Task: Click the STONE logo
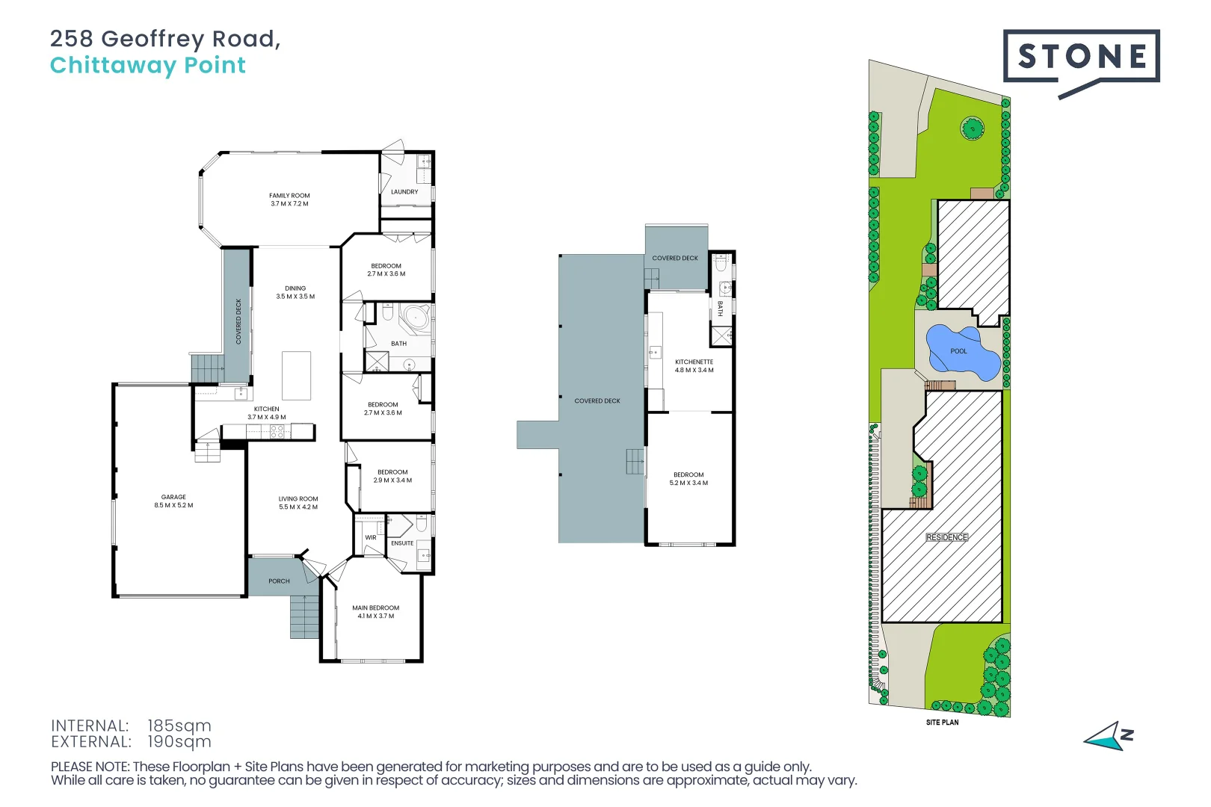pos(1081,57)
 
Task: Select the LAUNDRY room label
pos(404,192)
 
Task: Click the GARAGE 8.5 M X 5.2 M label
pos(173,501)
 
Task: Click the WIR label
pos(371,537)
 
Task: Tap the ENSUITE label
pos(402,543)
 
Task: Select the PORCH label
pos(279,581)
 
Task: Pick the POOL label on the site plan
pos(958,351)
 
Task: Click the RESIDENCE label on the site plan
pos(946,537)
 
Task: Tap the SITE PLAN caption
pos(942,722)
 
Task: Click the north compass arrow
pos(1106,737)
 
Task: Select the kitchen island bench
pos(296,376)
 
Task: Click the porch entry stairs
pos(304,616)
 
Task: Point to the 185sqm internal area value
pos(179,726)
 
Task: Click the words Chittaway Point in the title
pos(148,66)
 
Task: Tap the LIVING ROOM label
pos(298,503)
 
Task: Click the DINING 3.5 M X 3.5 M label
pos(295,292)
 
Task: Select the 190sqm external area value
pos(179,742)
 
